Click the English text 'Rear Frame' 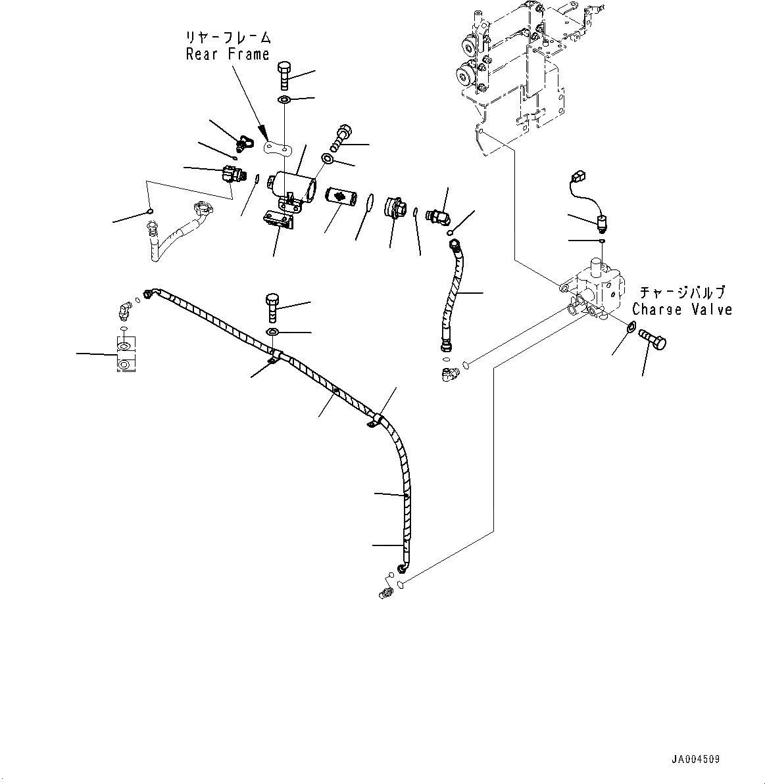[228, 55]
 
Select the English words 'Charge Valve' [682, 309]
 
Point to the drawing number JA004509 [695, 759]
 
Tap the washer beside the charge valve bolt [630, 327]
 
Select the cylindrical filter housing [289, 183]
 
